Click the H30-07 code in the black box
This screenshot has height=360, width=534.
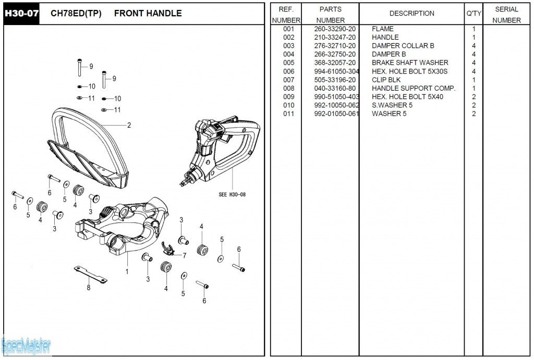21,14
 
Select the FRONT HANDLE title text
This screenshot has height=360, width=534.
148,14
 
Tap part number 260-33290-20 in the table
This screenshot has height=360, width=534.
335,29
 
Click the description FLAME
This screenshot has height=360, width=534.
382,29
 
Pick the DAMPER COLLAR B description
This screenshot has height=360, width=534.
403,46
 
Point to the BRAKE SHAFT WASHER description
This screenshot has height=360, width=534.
410,63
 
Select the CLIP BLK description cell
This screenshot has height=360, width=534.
386,80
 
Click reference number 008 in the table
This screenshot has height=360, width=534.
289,88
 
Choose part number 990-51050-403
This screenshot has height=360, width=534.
336,96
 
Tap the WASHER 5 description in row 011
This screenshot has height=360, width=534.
389,114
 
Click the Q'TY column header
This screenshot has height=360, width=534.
474,14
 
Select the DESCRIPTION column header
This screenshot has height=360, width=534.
411,14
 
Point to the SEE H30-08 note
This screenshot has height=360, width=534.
232,195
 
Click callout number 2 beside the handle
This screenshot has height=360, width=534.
129,125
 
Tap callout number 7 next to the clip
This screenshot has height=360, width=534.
184,255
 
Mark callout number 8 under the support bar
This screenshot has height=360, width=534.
89,288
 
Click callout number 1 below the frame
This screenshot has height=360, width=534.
127,271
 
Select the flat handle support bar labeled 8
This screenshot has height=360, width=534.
91,274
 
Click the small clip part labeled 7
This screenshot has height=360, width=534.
168,249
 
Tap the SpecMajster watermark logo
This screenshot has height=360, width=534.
26,344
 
